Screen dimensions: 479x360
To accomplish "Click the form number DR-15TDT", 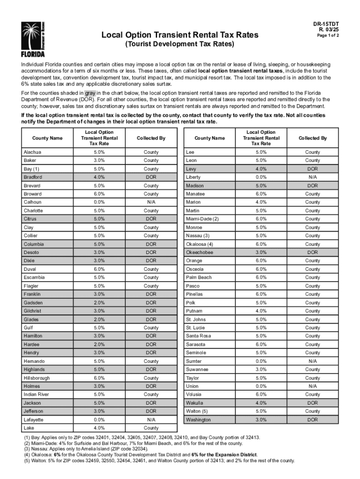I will [x=326, y=23].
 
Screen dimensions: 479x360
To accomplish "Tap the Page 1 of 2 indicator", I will [x=328, y=36].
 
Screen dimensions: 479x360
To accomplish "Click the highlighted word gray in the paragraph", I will [x=90, y=93].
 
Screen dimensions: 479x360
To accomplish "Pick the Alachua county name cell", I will [x=32, y=152].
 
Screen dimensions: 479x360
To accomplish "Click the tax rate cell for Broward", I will [x=99, y=194].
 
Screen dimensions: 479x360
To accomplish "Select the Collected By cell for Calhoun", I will [x=151, y=202].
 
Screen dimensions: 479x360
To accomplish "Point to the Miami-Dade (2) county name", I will [x=202, y=219].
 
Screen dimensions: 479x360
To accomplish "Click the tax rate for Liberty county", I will [x=261, y=177].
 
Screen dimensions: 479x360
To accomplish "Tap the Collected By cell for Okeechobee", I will [x=312, y=252].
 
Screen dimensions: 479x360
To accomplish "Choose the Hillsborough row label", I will [x=36, y=378].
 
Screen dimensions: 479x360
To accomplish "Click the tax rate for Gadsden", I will [x=99, y=303].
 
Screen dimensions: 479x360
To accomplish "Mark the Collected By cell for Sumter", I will [x=312, y=361].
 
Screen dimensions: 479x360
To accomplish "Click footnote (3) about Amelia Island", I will [x=89, y=448].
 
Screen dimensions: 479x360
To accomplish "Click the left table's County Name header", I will [x=47, y=138].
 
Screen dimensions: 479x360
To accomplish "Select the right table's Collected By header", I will [x=312, y=138].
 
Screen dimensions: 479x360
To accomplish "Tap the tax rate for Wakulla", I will [x=261, y=403].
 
